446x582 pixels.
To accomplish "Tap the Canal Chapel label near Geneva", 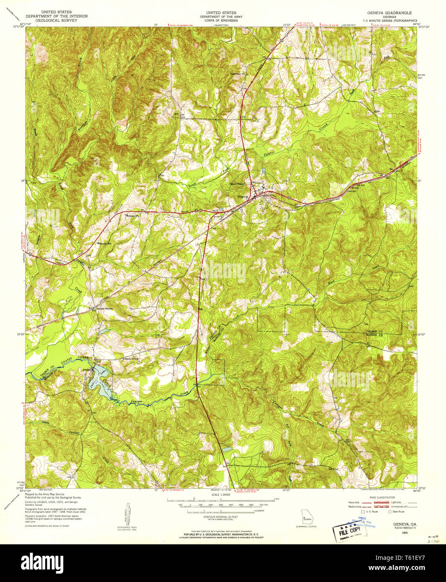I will (x=236, y=183).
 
